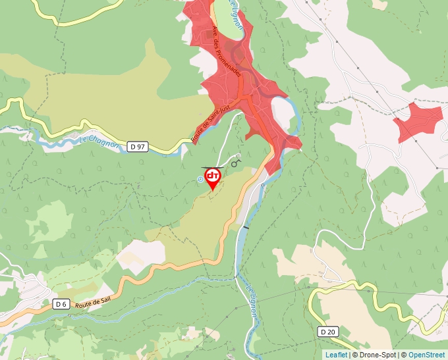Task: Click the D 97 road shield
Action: click(x=138, y=147)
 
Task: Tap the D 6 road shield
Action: click(x=61, y=303)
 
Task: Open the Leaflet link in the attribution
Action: click(x=336, y=355)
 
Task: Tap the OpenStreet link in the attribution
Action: click(x=427, y=355)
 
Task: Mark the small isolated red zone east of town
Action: click(x=419, y=120)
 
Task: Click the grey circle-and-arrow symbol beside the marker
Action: click(x=236, y=161)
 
